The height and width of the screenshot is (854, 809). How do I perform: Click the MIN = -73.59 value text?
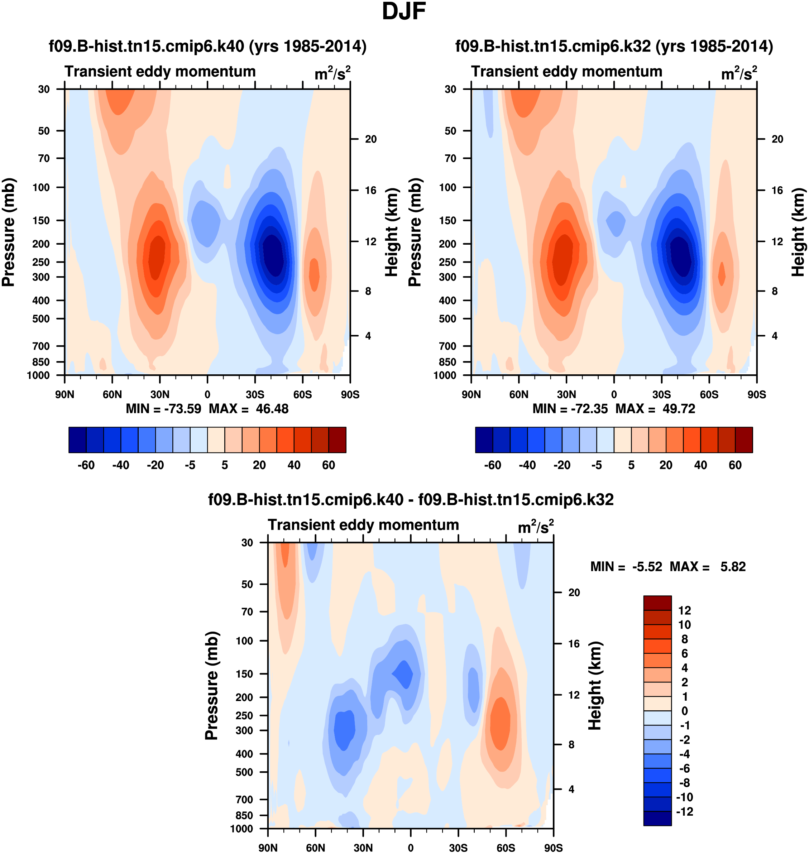coord(163,409)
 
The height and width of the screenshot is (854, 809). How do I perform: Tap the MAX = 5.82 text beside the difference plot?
coord(707,566)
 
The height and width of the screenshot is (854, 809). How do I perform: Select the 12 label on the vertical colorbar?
coord(684,610)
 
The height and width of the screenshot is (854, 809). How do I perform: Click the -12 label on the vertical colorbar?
coord(684,812)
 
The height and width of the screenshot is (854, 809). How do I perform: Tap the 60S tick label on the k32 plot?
coord(709,394)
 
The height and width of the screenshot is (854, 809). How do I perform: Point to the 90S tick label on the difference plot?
coord(553,848)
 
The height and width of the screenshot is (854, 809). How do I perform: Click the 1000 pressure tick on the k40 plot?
coord(38,375)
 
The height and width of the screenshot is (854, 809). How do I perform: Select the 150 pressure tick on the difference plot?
coord(244,674)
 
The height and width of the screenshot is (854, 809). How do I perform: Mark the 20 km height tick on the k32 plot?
coord(777,139)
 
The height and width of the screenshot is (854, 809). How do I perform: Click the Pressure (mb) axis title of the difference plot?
coord(212,685)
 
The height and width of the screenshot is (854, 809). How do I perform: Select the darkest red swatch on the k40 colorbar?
coord(337,440)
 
